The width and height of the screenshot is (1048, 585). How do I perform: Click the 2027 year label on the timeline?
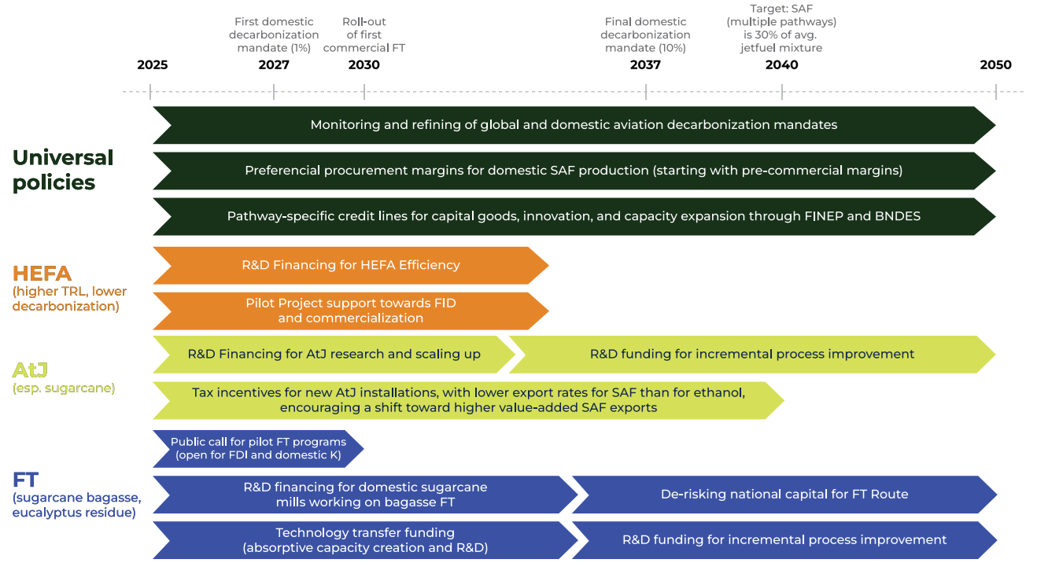pyautogui.click(x=274, y=65)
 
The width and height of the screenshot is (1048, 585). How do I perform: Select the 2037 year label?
pyautogui.click(x=645, y=65)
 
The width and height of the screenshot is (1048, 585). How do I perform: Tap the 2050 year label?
pyautogui.click(x=995, y=65)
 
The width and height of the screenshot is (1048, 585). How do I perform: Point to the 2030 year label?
pyautogui.click(x=363, y=65)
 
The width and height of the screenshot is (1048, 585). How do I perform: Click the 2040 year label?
pyautogui.click(x=781, y=65)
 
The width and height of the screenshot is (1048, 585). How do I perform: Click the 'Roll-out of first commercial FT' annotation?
pyautogui.click(x=364, y=35)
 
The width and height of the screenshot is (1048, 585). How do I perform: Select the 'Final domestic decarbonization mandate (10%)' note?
pyautogui.click(x=645, y=35)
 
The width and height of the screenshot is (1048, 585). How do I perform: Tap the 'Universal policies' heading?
pyautogui.click(x=63, y=170)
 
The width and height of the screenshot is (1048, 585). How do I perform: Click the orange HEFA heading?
pyautogui.click(x=42, y=274)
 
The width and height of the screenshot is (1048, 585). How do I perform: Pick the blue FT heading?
pyautogui.click(x=26, y=480)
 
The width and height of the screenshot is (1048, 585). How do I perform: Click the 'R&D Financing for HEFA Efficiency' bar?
pyautogui.click(x=350, y=265)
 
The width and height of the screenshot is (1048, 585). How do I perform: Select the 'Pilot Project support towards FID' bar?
pyautogui.click(x=350, y=311)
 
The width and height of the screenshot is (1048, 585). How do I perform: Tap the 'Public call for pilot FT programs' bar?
pyautogui.click(x=258, y=448)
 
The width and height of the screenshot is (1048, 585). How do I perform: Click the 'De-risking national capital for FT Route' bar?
pyautogui.click(x=784, y=495)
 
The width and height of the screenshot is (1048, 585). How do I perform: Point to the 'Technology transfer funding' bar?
pyautogui.click(x=365, y=540)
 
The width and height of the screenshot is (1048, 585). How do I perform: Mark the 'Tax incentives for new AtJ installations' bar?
pyautogui.click(x=467, y=399)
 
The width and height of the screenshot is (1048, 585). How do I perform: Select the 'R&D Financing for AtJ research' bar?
pyautogui.click(x=334, y=354)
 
